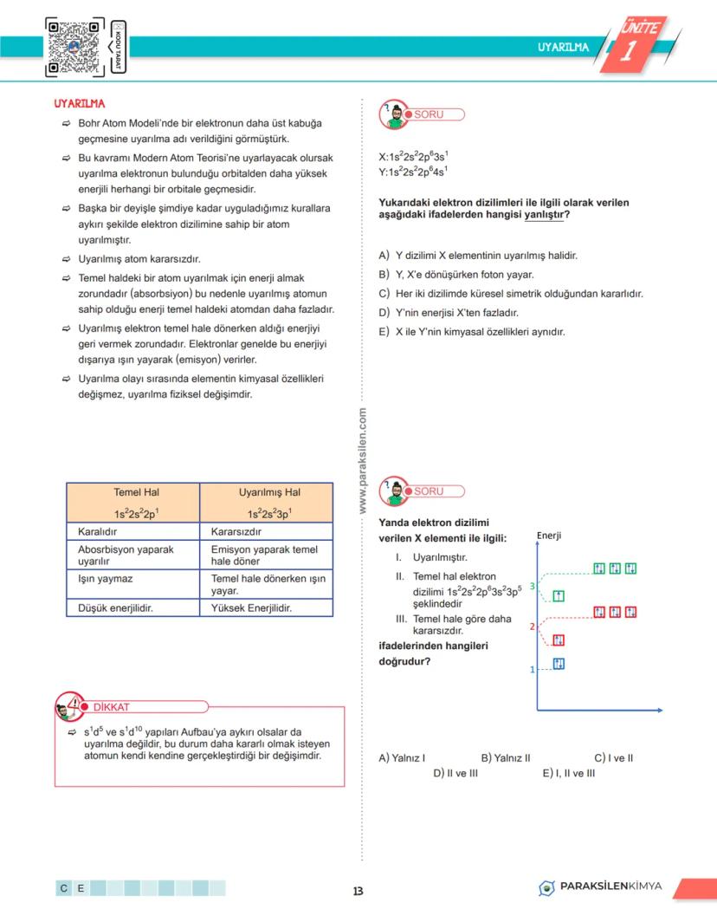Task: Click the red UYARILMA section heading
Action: [80, 104]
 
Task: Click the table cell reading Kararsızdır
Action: [236, 531]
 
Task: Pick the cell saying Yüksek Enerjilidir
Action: [251, 607]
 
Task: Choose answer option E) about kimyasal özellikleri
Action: [471, 331]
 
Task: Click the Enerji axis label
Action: [549, 536]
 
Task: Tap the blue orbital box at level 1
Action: [559, 665]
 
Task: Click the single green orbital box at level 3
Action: [559, 594]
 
